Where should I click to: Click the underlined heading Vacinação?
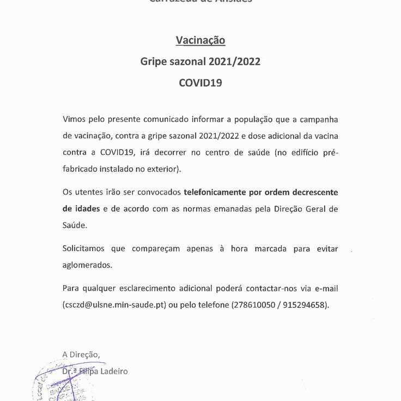coord(200,40)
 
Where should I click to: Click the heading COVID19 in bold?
coord(200,84)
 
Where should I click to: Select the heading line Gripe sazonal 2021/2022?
coord(200,62)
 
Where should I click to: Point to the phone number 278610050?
coord(253,305)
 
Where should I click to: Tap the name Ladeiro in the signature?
coord(113,371)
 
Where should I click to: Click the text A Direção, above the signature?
coord(81,354)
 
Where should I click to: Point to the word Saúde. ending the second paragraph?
coord(75,224)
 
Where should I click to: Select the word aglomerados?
coord(88,265)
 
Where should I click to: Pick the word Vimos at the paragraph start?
coord(74,119)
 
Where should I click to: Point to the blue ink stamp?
coord(60,384)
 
